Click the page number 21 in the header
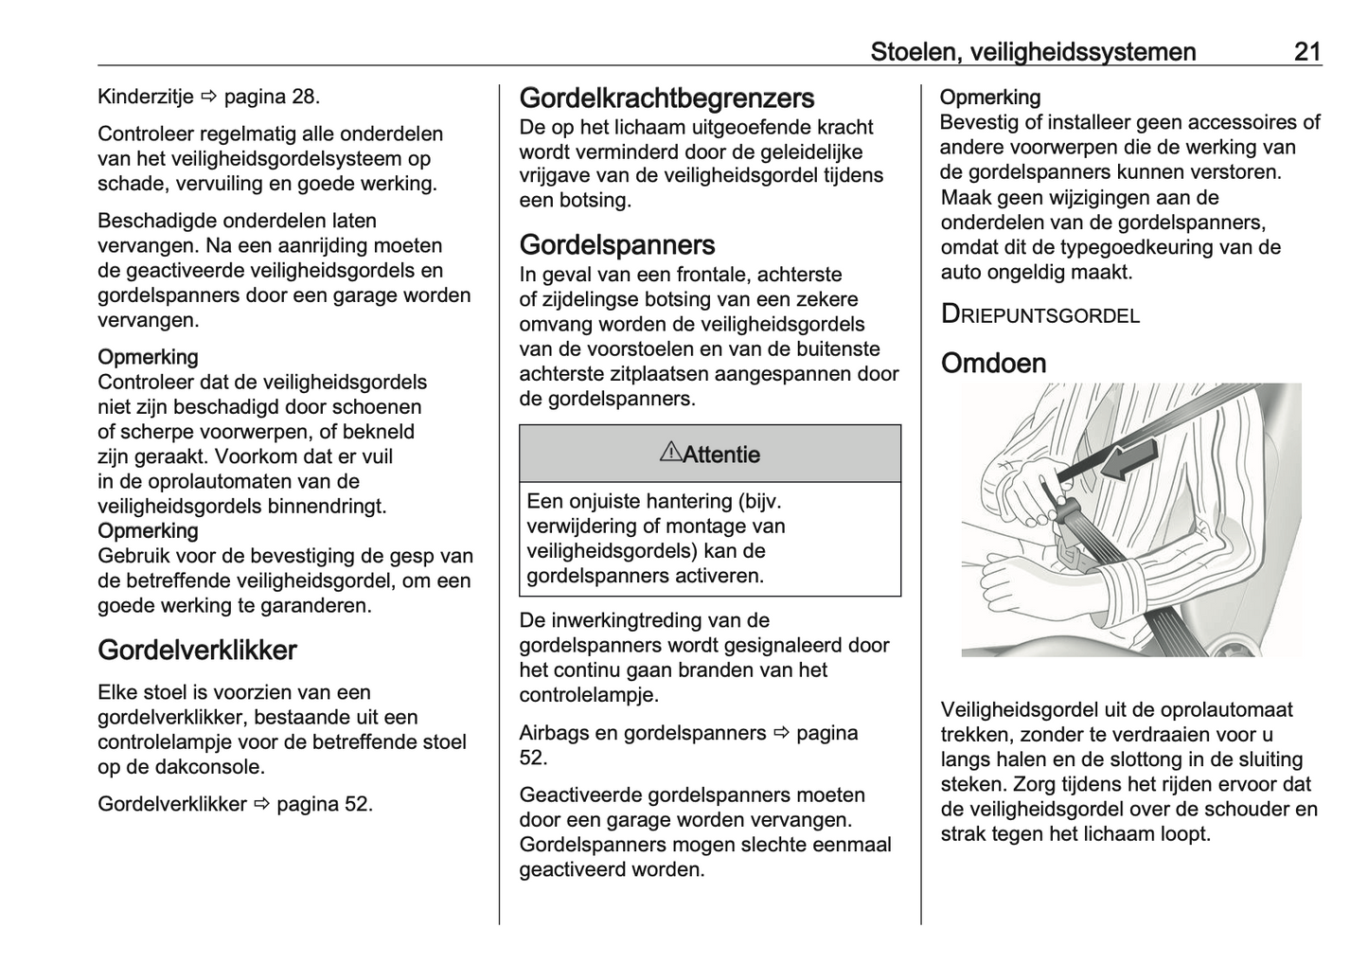tap(1306, 51)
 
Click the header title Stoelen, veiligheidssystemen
tap(1033, 51)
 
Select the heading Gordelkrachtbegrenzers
tap(666, 98)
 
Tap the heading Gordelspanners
tap(616, 244)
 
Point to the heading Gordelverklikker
tap(197, 650)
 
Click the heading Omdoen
tap(993, 363)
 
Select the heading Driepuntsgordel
tap(1039, 314)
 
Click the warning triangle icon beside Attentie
tap(669, 453)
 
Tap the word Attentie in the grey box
tap(721, 455)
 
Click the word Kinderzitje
tap(145, 96)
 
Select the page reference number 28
tap(303, 96)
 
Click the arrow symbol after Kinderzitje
tap(208, 97)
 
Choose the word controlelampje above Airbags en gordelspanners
tap(588, 694)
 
